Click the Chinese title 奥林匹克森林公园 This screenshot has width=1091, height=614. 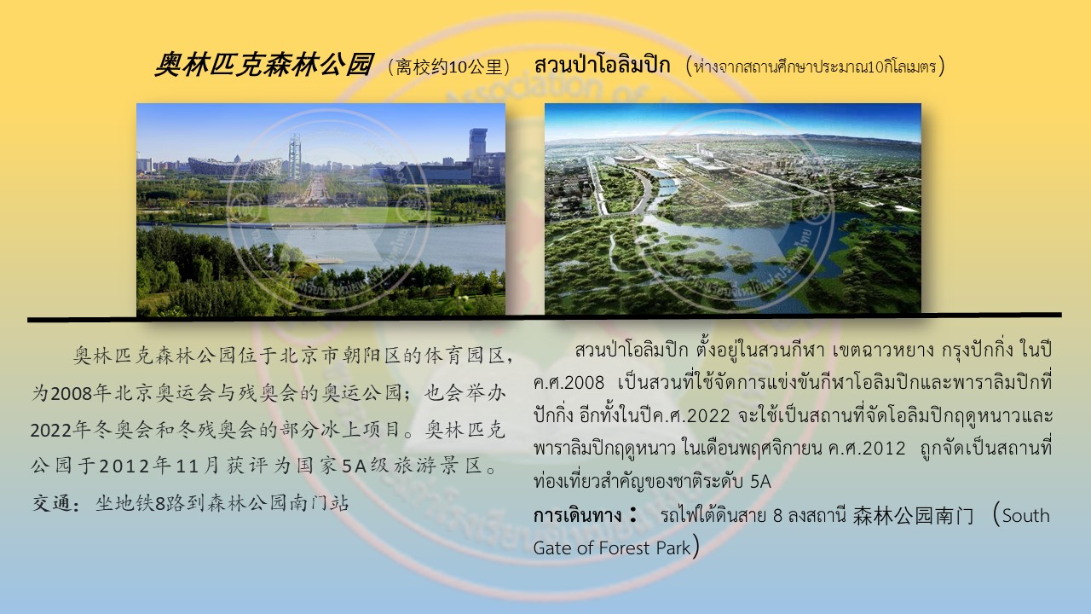264,66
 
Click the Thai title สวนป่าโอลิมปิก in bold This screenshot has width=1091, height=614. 602,65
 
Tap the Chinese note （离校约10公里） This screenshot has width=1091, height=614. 448,67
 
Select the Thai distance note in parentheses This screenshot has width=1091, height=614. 815,67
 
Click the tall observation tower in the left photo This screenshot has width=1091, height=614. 294,155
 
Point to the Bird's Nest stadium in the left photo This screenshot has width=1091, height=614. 234,166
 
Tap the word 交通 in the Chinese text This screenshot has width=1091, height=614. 52,503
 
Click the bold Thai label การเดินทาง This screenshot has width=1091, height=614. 577,515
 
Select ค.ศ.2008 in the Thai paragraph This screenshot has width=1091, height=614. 569,383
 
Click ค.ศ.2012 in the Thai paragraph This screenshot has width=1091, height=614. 867,449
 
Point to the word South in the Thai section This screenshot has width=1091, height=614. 1025,516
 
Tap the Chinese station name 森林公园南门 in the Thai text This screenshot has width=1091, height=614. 913,516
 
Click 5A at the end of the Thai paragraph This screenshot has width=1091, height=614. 760,482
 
